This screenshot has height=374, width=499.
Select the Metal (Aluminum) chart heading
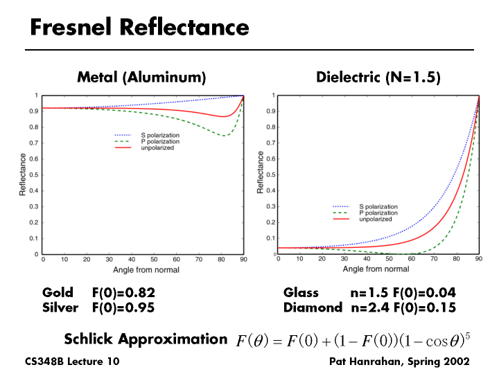pos(141,77)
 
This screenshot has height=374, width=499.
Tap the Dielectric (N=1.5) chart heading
pos(378,77)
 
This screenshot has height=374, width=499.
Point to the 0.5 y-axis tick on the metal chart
pos(35,175)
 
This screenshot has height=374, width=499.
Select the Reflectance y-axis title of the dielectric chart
pos(261,173)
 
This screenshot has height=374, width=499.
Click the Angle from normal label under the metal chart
pos(142,268)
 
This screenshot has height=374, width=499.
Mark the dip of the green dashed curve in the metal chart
pos(225,135)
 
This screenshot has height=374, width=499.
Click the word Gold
pos(58,293)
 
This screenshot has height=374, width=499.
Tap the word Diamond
pos(313,307)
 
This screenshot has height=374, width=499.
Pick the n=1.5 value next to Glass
pos(369,293)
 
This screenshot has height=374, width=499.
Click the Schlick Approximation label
pos(146,339)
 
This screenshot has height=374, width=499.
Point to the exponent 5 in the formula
pos(468,336)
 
